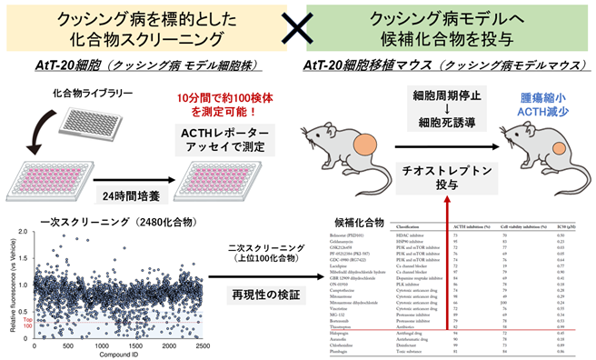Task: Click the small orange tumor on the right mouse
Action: click(x=542, y=145)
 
